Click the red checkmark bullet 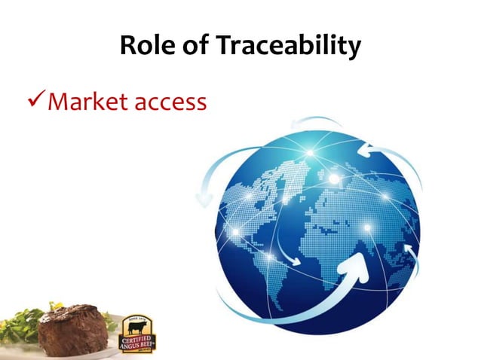35,101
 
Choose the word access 169,102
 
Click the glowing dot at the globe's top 309,154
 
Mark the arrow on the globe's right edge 412,252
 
